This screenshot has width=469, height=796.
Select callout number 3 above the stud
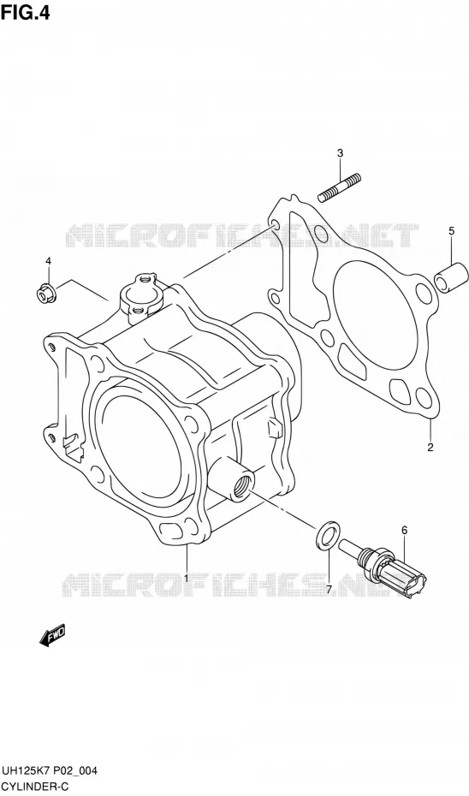(340, 153)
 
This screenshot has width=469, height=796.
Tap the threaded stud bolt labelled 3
(340, 187)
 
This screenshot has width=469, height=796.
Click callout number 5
(451, 231)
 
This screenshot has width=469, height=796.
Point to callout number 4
(48, 261)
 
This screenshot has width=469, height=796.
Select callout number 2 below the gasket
(430, 448)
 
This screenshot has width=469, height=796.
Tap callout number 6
(405, 531)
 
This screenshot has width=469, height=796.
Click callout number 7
(329, 590)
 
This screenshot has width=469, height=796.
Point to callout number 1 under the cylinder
(187, 579)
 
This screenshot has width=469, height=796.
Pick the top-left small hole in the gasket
(273, 224)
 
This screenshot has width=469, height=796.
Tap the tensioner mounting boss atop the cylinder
(140, 297)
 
